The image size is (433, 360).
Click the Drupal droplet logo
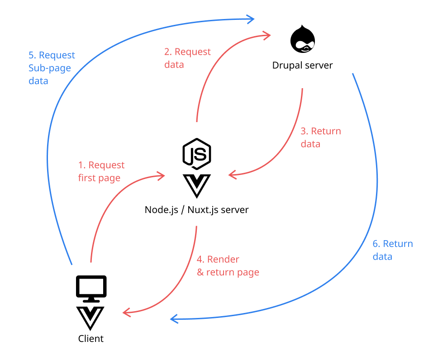(x=302, y=39)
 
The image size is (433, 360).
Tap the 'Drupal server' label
(x=302, y=65)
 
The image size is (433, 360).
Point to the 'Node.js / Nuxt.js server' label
(x=197, y=210)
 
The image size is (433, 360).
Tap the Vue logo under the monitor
(x=90, y=318)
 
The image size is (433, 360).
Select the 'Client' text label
(x=91, y=338)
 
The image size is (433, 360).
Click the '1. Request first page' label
(x=101, y=171)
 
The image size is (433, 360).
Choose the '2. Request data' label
(x=187, y=58)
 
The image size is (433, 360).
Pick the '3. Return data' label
(x=320, y=137)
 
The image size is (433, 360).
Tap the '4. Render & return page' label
(x=228, y=265)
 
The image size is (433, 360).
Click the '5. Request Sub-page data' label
(x=52, y=68)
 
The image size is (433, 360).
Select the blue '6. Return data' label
(x=392, y=250)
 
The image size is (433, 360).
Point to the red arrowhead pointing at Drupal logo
(x=267, y=34)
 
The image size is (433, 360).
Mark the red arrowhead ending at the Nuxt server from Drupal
(x=232, y=174)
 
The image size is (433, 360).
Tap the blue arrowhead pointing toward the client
(x=174, y=319)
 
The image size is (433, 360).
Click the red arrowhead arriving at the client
(x=127, y=312)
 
